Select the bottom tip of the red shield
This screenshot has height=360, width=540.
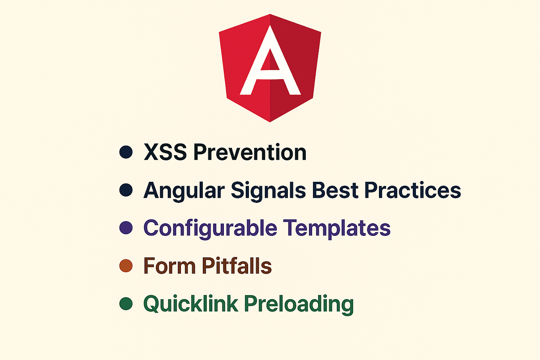coord(270,119)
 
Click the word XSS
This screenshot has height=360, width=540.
coord(165,152)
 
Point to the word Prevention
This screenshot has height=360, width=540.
coord(250,152)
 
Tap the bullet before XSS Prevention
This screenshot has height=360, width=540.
coord(126,152)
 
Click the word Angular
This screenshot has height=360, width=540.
coord(184,191)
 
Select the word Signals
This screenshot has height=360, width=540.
coord(268,191)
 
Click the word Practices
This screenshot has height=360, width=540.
coord(412,191)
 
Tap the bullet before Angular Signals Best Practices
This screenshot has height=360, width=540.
coord(126,190)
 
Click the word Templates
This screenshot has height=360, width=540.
coord(337,228)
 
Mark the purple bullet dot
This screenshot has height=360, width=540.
coord(126,228)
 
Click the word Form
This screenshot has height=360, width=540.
coord(169,266)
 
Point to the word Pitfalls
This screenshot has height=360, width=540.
coord(237,266)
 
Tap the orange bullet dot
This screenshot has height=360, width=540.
coord(126,266)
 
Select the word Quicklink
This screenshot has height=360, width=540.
coord(190,304)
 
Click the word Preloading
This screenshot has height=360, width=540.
coord(299,304)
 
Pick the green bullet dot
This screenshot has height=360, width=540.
coord(126,304)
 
